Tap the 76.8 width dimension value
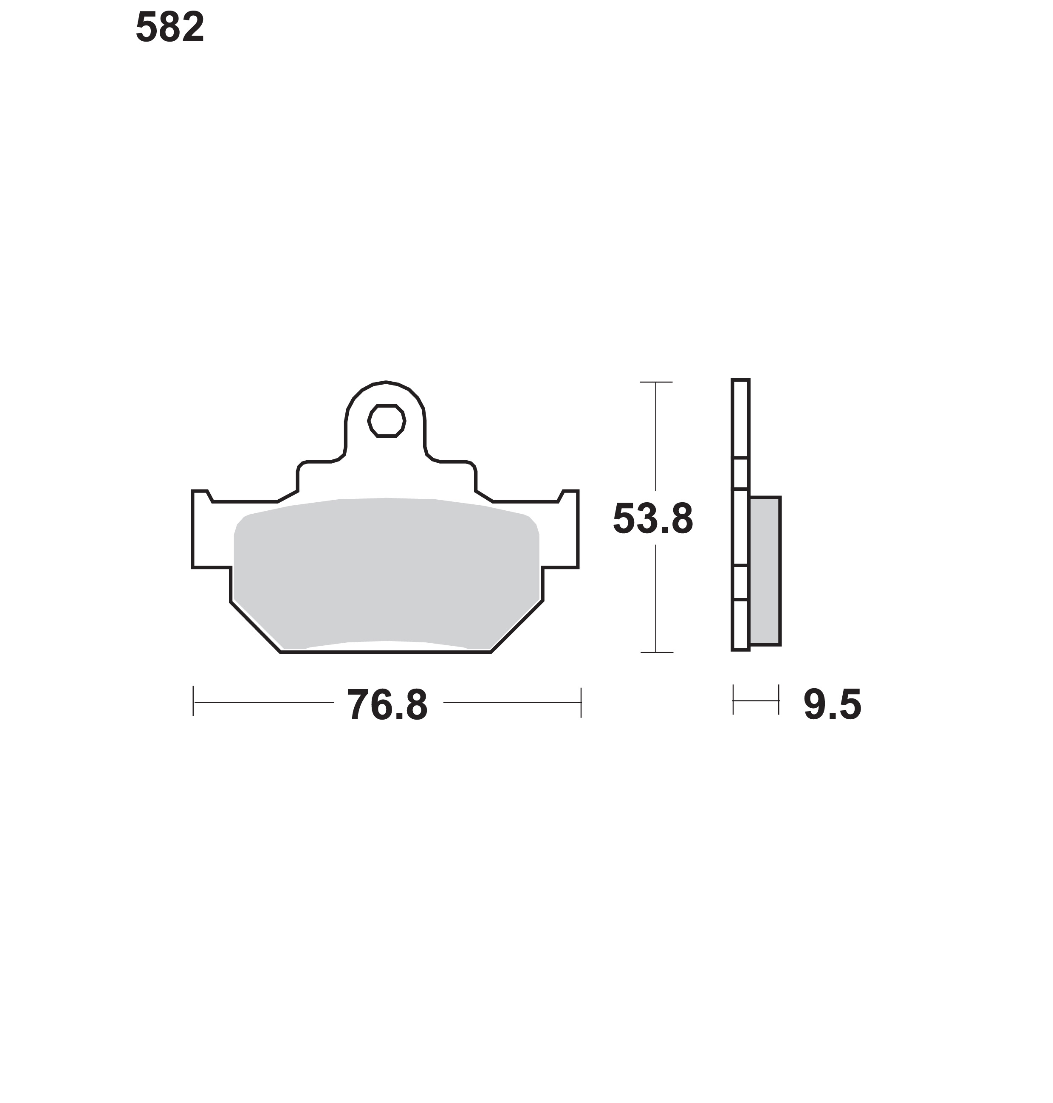[x=387, y=705]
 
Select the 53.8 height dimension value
[x=653, y=519]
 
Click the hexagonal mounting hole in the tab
[x=386, y=421]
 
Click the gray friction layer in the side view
[x=765, y=571]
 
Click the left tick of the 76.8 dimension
[x=193, y=701]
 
